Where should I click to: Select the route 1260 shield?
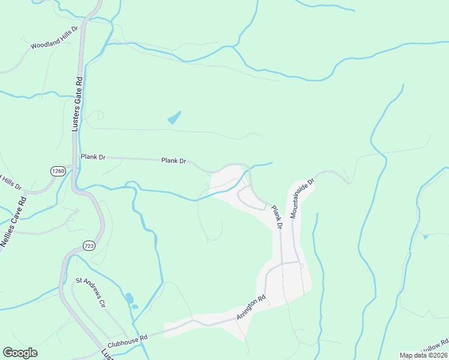point(58,171)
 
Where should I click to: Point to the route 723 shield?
point(89,246)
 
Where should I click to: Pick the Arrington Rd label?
point(251,307)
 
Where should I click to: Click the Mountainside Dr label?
point(302,197)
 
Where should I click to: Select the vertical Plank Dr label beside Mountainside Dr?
point(277,217)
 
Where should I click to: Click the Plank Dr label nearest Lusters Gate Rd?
point(93,157)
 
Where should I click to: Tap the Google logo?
point(20,353)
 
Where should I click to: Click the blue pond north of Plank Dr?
point(175,117)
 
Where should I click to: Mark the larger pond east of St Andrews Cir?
point(129,298)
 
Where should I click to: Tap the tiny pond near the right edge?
point(426,237)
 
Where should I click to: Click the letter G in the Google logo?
point(8,353)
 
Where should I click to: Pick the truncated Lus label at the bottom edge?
point(107,354)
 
